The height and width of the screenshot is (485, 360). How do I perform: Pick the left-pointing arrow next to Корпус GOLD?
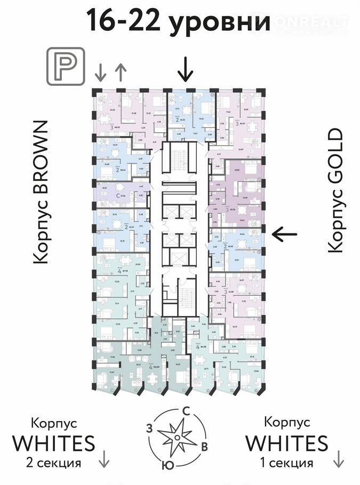click(x=283, y=233)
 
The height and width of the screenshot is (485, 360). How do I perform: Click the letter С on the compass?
click(x=186, y=411)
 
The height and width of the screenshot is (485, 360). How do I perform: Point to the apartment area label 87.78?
click(x=126, y=271)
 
